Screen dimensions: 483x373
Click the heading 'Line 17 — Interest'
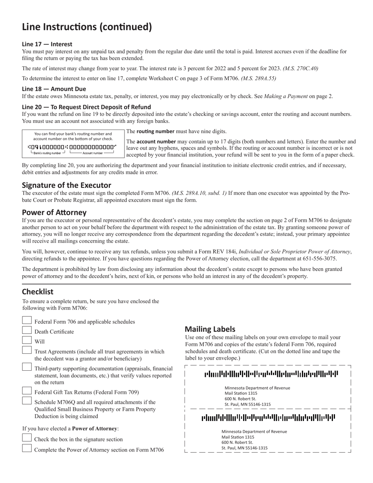click(47, 44)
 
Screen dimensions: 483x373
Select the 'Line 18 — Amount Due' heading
click(54, 89)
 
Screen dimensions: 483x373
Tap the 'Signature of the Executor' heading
click(66, 185)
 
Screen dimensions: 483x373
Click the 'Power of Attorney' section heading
click(54, 212)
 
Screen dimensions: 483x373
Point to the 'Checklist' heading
click(38, 292)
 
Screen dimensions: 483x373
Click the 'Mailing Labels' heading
click(210, 329)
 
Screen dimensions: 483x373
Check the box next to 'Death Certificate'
click(27, 331)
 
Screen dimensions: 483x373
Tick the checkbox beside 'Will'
click(27, 340)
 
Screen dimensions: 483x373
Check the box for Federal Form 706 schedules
click(27, 321)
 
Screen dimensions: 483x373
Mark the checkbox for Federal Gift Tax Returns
click(27, 391)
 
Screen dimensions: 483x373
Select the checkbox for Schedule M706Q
click(27, 401)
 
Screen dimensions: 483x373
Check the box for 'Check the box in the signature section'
click(27, 438)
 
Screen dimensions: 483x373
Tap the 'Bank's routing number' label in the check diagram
click(47, 153)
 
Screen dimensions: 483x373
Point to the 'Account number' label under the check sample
click(93, 153)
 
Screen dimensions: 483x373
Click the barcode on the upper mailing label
click(271, 374)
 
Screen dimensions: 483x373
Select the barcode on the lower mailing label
click(269, 418)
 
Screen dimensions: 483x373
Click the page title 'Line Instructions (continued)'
click(87, 27)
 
